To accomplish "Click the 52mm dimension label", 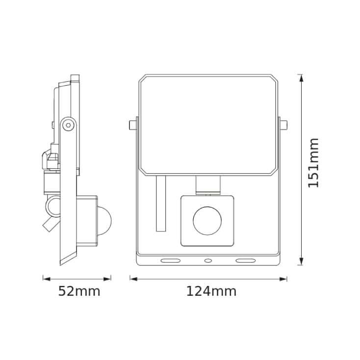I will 79,291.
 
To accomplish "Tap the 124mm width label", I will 211,291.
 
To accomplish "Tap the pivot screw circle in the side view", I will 68,126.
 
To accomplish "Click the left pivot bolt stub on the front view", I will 132,125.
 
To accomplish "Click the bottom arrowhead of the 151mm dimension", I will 301,263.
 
